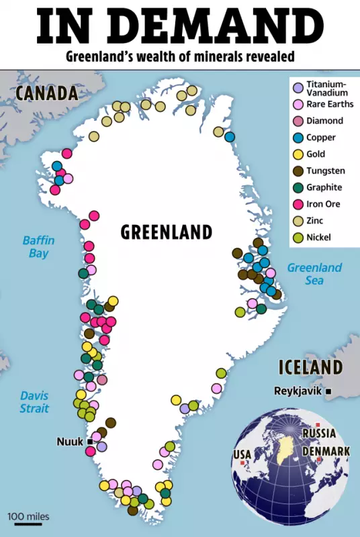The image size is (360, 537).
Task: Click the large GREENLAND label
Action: click(x=167, y=232)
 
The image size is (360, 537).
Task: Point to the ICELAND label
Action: click(x=311, y=368)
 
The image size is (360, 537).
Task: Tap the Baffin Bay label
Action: click(x=38, y=246)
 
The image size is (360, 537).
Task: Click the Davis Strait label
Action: click(x=34, y=401)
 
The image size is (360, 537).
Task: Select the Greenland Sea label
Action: click(x=314, y=274)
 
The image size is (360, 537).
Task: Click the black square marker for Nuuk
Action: click(x=89, y=441)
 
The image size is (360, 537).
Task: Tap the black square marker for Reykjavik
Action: click(x=328, y=391)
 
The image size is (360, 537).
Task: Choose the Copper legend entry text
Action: click(x=321, y=138)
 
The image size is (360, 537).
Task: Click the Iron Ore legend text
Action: click(x=324, y=204)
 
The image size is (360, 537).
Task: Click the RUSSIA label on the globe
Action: click(x=319, y=434)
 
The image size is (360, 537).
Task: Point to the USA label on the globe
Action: click(x=242, y=455)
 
